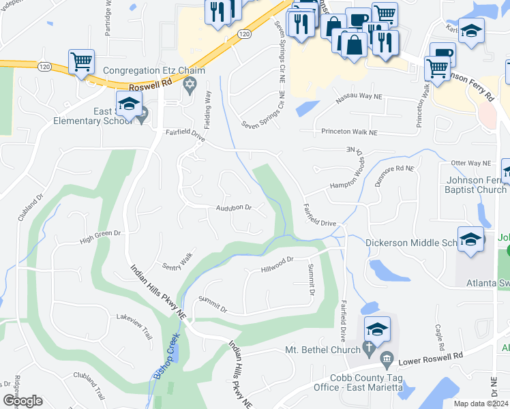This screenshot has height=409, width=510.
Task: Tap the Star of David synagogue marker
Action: coord(190,85)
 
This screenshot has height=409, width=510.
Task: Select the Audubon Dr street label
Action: coord(234,207)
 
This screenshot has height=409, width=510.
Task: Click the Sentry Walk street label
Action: coord(178,261)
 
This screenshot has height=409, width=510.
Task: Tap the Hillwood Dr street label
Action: coord(276,264)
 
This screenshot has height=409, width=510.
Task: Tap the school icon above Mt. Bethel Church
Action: coord(377,330)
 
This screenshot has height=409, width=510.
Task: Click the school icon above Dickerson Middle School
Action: coord(471,239)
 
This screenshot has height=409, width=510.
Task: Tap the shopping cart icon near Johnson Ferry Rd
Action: coord(437,67)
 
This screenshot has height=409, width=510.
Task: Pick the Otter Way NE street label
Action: coord(470,164)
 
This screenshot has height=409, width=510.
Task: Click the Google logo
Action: coord(22,401)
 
